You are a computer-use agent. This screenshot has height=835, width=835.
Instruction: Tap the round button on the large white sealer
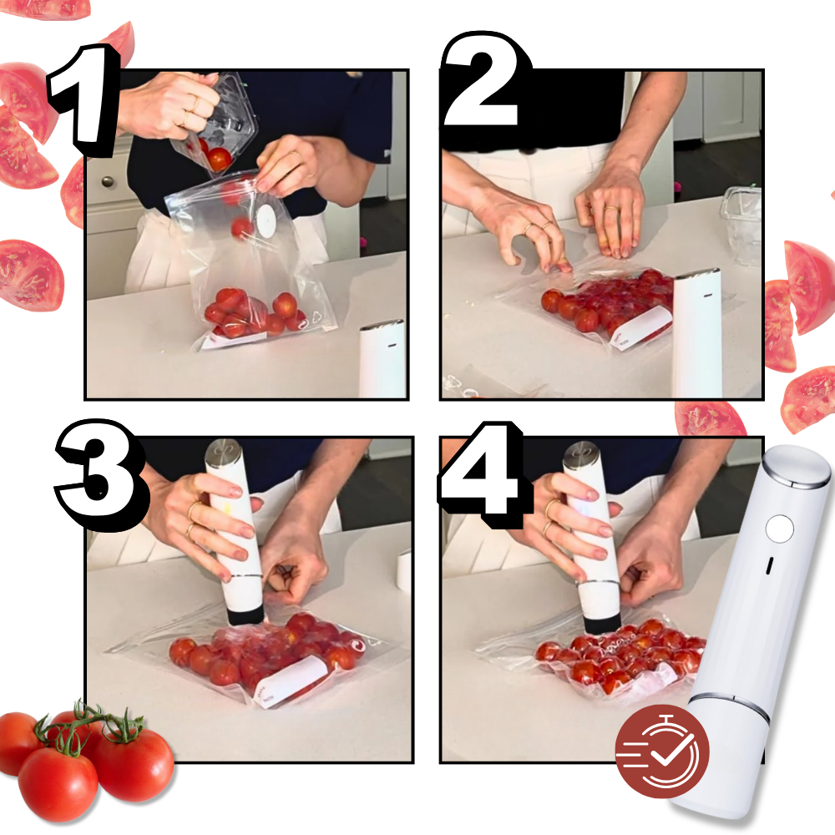tap(779, 528)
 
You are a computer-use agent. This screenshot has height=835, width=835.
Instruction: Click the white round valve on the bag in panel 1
tap(266, 220)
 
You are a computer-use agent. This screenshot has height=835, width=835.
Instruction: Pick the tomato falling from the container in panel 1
tap(220, 159)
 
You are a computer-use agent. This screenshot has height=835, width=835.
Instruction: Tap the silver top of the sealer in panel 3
tap(224, 453)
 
